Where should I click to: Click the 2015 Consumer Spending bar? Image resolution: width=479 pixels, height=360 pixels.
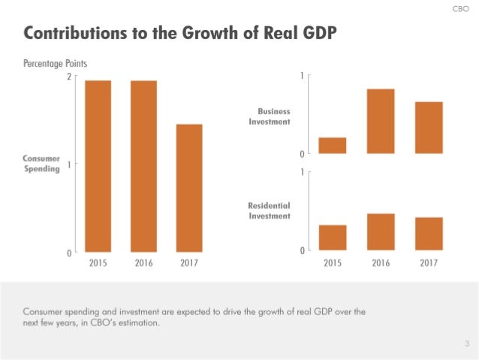98,166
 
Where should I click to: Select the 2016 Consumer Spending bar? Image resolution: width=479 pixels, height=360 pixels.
143,166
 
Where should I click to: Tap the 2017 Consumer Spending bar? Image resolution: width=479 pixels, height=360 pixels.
189,188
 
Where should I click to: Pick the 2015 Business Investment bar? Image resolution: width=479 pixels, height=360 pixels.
333,146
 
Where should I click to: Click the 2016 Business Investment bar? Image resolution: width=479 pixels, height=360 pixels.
381,121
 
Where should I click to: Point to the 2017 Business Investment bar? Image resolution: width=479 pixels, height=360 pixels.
429,128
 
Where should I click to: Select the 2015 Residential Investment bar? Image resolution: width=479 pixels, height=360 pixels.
333,237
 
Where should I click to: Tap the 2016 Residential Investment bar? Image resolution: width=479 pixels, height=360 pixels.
381,231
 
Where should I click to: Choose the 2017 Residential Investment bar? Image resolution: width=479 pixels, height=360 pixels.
429,234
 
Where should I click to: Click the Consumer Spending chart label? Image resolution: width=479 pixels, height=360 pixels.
41,164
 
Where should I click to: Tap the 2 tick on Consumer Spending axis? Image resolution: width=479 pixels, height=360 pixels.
69,77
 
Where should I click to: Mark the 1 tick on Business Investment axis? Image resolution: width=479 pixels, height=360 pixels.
301,76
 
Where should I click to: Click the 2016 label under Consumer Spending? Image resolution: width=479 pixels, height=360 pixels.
143,263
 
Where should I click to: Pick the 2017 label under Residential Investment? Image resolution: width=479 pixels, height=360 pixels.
429,263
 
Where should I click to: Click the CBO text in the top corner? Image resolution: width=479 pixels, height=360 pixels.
461,9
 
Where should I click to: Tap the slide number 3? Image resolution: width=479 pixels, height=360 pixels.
465,343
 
